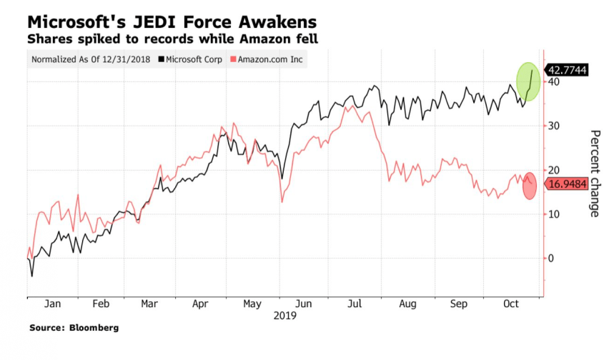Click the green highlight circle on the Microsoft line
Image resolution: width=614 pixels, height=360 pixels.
[528, 81]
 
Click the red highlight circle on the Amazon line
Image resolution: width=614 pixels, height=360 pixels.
[530, 186]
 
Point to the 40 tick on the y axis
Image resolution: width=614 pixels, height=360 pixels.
[553, 81]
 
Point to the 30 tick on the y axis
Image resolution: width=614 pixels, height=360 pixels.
[553, 126]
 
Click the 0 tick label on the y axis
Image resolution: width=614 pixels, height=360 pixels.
[550, 258]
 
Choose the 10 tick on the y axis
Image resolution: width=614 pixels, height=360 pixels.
[553, 214]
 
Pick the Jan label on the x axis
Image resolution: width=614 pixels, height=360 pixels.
[52, 304]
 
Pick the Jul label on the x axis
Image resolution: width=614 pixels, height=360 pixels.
[356, 304]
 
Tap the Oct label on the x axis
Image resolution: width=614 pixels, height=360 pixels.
[511, 304]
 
